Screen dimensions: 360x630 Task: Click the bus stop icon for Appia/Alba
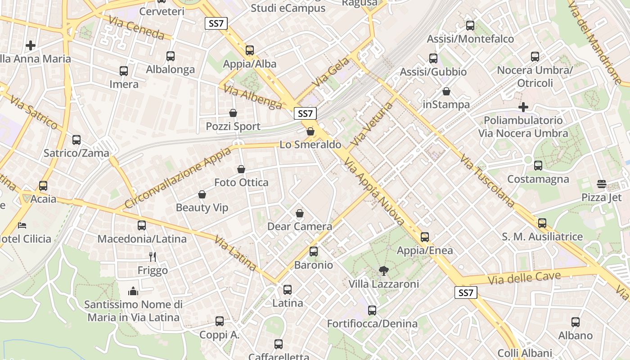[x=250, y=50]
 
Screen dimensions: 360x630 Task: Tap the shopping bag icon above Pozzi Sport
[x=233, y=112]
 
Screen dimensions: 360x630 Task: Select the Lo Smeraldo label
[x=310, y=144]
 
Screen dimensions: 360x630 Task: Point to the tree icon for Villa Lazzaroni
[x=383, y=270]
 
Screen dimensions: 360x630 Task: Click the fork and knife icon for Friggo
[x=153, y=257]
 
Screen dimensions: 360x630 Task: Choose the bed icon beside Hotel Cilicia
[x=22, y=225]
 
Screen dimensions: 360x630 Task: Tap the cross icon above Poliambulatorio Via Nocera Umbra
[x=523, y=107]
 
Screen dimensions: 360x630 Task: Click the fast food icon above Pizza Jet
[x=601, y=184]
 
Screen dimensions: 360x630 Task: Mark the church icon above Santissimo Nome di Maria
[x=133, y=291]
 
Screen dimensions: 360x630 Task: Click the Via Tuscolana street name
[x=487, y=180]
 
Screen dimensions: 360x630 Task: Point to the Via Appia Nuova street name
[x=375, y=190]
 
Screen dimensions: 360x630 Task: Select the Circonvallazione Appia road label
[x=177, y=177]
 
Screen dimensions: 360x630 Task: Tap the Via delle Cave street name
[x=524, y=278]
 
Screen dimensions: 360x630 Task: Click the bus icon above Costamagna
[x=538, y=166]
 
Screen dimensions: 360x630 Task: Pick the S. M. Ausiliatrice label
[x=542, y=237]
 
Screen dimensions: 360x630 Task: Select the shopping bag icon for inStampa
[x=446, y=91]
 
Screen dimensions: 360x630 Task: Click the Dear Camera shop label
[x=300, y=226]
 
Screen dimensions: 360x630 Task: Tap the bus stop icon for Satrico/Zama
[x=76, y=139]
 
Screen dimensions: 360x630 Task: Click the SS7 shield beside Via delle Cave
[x=466, y=293]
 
